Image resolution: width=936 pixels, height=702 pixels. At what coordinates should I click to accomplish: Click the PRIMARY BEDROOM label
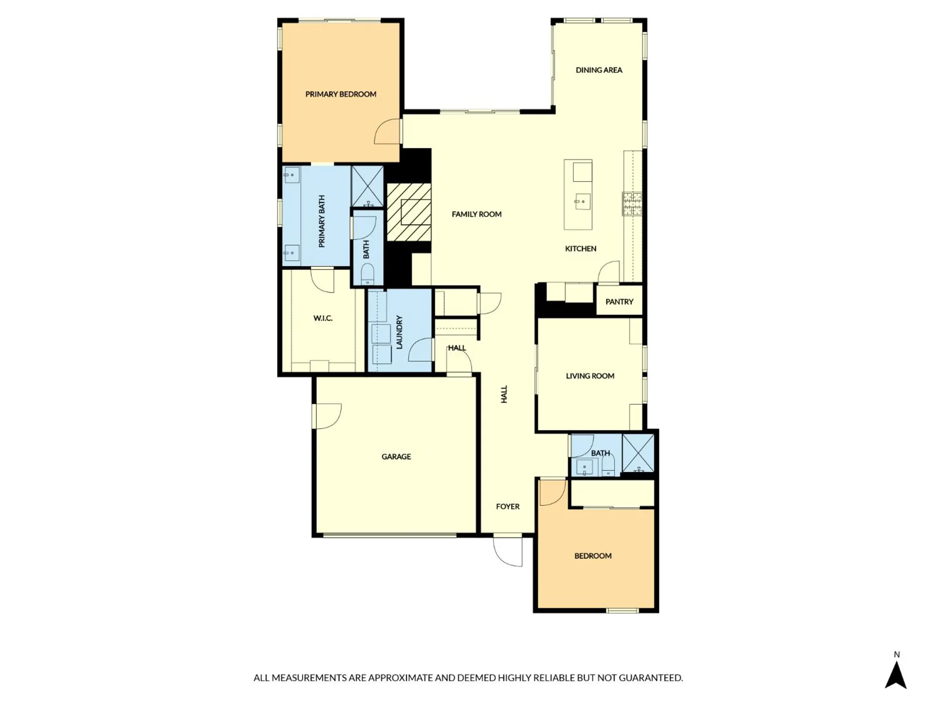click(341, 94)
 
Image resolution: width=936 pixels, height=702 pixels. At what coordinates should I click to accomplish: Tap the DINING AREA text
click(599, 70)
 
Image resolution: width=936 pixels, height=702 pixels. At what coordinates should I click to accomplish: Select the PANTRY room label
click(619, 302)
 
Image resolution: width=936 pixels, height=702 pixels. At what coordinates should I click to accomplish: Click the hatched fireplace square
click(409, 212)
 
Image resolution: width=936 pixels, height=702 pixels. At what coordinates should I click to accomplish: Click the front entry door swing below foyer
click(508, 551)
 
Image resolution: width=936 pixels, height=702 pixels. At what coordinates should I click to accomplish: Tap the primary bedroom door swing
click(388, 132)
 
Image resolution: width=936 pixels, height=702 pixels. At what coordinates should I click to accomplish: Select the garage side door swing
click(328, 416)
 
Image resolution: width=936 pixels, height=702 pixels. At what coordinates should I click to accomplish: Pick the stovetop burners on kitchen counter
click(632, 204)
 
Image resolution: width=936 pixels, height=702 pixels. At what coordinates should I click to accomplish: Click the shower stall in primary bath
click(367, 186)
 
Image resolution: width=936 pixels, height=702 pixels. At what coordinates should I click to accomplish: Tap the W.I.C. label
click(323, 318)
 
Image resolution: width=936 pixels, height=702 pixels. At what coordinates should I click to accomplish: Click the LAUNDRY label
click(399, 332)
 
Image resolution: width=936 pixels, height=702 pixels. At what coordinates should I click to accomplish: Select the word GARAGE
click(396, 457)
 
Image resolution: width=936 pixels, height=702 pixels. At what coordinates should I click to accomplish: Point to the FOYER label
click(508, 506)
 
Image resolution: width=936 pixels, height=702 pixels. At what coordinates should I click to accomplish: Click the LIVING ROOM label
click(590, 376)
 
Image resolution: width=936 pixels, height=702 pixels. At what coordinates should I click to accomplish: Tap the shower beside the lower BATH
click(638, 453)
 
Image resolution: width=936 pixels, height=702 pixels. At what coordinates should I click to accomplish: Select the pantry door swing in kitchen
click(609, 273)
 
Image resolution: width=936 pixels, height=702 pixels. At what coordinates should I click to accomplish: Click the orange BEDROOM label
click(593, 556)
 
